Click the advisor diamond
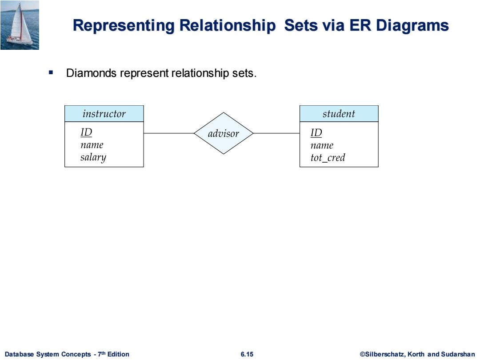pyautogui.click(x=224, y=133)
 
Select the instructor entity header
pyautogui.click(x=104, y=114)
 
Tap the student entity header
pyautogui.click(x=339, y=114)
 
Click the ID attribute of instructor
pyautogui.click(x=86, y=132)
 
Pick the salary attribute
pyautogui.click(x=93, y=157)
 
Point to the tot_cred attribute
pyautogui.click(x=328, y=158)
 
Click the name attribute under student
pyautogui.click(x=322, y=145)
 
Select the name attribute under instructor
pyautogui.click(x=92, y=145)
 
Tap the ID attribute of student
pyautogui.click(x=316, y=132)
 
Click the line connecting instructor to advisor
pyautogui.click(x=169, y=133)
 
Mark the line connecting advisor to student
pyautogui.click(x=277, y=133)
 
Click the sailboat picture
pyautogui.click(x=20, y=25)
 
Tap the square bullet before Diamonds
pyautogui.click(x=51, y=72)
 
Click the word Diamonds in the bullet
pyautogui.click(x=91, y=73)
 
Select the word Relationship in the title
pyautogui.click(x=228, y=26)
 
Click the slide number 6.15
pyautogui.click(x=247, y=354)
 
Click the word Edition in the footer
pyautogui.click(x=118, y=354)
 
